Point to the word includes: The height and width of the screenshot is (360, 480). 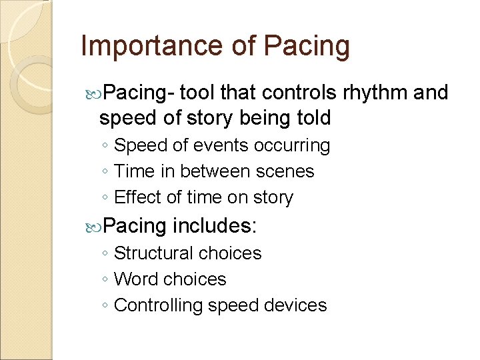click(214, 226)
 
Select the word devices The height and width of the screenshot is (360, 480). click(297, 305)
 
